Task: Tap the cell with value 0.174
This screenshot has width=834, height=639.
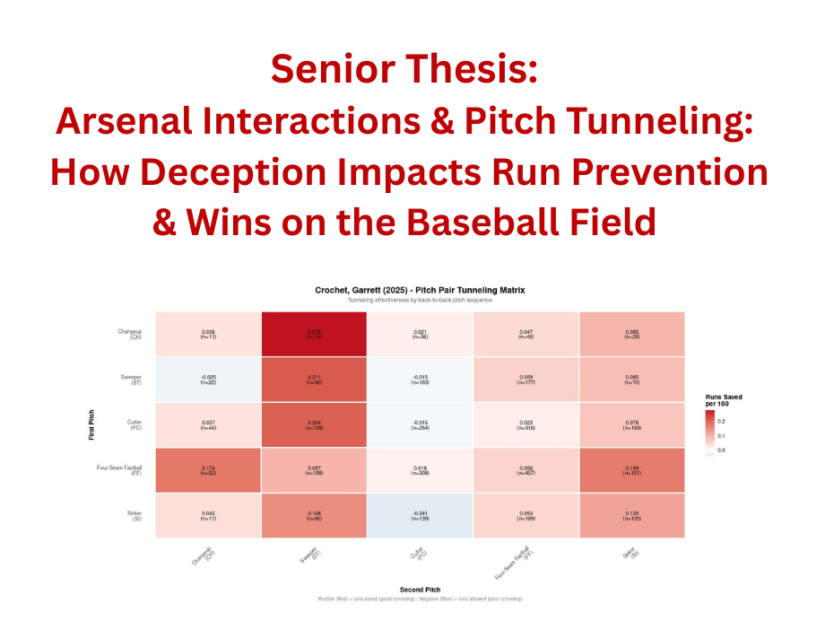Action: click(x=207, y=470)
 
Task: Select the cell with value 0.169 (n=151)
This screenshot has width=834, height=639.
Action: click(x=631, y=470)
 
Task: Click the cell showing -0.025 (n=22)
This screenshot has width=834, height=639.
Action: click(x=207, y=379)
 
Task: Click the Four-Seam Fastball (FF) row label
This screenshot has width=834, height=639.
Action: click(x=119, y=470)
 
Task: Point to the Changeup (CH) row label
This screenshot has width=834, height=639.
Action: click(x=129, y=334)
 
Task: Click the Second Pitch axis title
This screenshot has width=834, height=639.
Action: click(x=420, y=590)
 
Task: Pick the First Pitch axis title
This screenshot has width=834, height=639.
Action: click(x=91, y=425)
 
